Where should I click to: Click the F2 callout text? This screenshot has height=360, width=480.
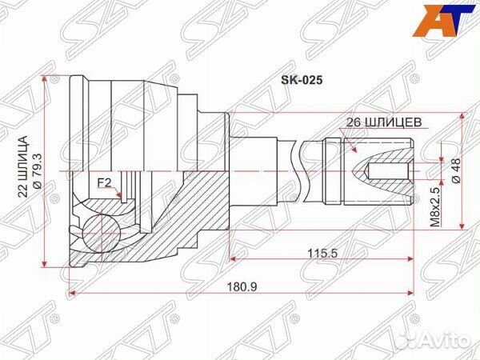(104, 182)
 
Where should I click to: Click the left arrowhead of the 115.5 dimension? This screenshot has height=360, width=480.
(234, 259)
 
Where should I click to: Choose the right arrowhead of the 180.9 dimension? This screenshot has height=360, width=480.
(410, 294)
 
